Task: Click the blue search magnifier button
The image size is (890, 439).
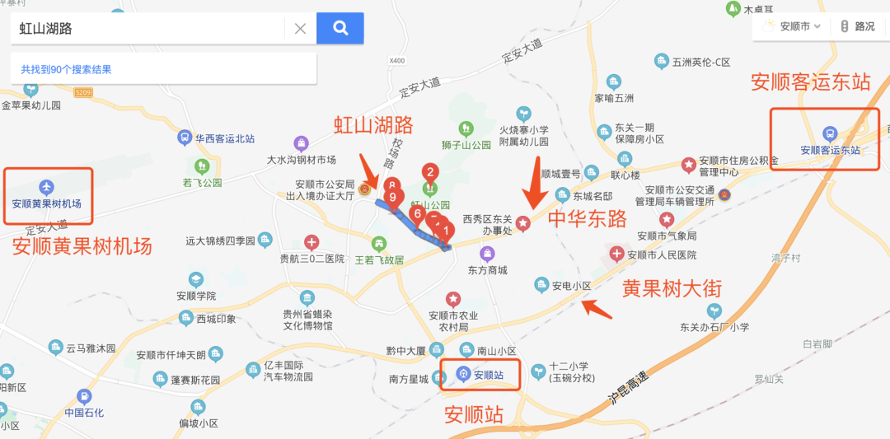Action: [340, 28]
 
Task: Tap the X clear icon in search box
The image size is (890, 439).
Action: [300, 28]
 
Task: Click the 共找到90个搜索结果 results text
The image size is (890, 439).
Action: [66, 70]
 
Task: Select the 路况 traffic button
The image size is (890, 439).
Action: [857, 26]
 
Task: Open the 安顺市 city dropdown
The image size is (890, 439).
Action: [793, 26]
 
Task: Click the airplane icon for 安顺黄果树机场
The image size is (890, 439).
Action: [46, 184]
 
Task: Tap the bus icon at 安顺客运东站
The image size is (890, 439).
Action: [830, 133]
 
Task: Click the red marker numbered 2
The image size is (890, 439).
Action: [429, 173]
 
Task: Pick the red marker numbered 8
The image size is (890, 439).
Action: [392, 186]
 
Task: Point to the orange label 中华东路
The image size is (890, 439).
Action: [588, 218]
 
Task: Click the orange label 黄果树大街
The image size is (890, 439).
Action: [672, 288]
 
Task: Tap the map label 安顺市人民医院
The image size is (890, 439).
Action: [662, 255]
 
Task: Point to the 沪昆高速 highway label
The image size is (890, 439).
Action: [629, 387]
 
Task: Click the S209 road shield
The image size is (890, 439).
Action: [82, 93]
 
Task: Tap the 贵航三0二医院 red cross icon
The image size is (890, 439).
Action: [311, 242]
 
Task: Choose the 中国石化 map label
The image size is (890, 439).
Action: [85, 412]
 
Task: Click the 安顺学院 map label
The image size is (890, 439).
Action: [196, 296]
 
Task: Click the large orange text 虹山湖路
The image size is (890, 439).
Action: [373, 125]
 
